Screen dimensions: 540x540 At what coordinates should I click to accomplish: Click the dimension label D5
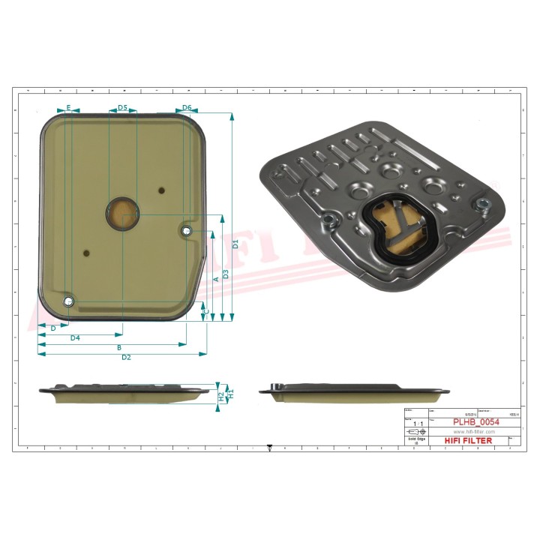pos(122,108)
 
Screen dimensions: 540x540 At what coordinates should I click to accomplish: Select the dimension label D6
pos(187,108)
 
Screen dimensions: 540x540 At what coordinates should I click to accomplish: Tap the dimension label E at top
pos(68,108)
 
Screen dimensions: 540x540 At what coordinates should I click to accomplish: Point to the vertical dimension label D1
pos(235,244)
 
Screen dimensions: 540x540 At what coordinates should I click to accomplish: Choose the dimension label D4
pos(75,338)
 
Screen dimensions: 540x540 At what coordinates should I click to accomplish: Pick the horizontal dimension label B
pos(118,348)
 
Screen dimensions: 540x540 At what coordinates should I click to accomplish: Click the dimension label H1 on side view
pos(231,392)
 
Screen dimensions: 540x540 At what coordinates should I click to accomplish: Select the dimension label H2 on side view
pos(221,395)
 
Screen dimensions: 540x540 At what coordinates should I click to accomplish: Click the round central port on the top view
pos(121,214)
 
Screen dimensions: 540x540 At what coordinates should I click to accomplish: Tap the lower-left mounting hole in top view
pos(69,301)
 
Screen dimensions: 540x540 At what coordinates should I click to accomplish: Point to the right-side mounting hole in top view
pos(187,230)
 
